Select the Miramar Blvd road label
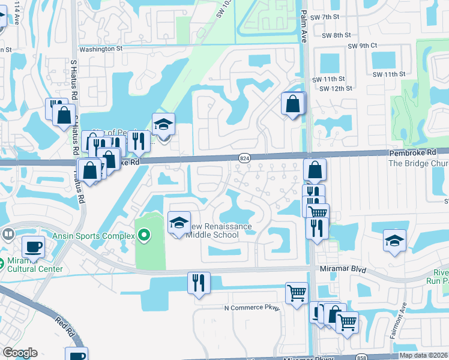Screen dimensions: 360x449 pos(339,269)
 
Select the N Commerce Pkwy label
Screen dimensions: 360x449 pos(252,308)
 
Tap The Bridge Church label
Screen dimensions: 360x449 pos(418,163)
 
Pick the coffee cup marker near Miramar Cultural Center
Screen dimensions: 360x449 pos(33,246)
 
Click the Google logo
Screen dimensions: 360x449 pos(20,353)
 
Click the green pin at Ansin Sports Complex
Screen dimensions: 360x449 pos(143,235)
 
